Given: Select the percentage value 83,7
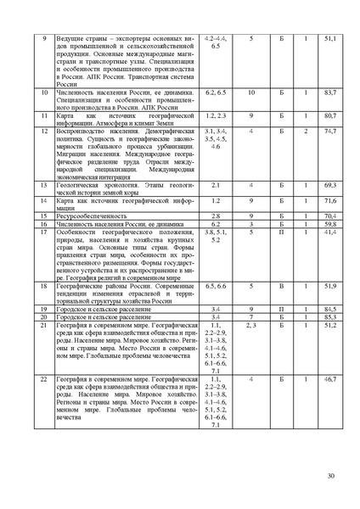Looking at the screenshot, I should (x=330, y=91).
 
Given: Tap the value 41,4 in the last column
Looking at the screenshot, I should (x=330, y=231).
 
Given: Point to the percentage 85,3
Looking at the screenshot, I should (x=330, y=316).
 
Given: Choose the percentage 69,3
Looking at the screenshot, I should (x=330, y=184).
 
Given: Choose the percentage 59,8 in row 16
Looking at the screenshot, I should (x=330, y=224).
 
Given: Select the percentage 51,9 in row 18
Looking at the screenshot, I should (x=330, y=287).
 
